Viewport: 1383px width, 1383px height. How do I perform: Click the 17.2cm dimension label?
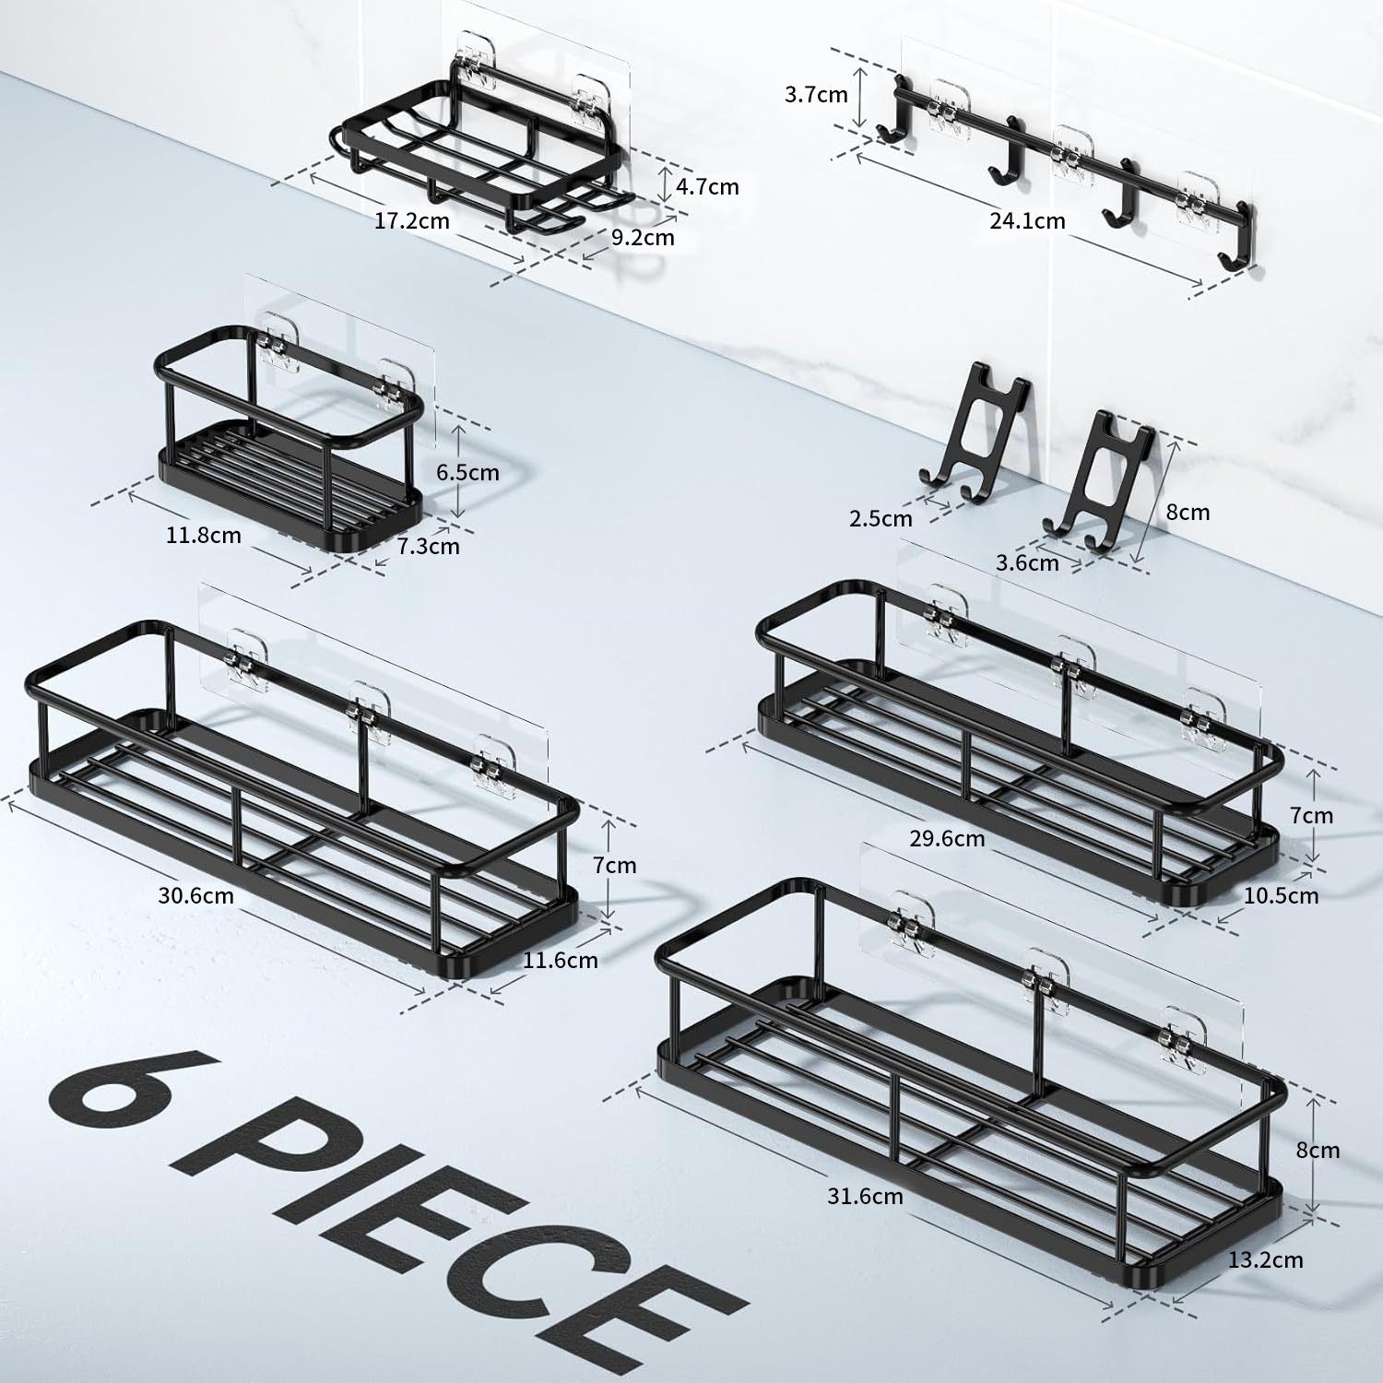point(412,221)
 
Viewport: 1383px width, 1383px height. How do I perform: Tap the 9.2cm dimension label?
point(643,238)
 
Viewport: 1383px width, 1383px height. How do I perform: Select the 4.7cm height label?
point(707,187)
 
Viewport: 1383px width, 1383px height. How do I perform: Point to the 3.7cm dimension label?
point(816,94)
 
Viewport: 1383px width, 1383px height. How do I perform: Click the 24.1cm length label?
point(1027,221)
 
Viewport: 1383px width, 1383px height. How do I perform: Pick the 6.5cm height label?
point(467,473)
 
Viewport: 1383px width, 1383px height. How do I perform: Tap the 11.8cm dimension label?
point(204,536)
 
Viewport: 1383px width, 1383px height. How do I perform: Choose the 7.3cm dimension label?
point(428,547)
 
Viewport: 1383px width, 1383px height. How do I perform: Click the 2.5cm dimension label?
point(881,519)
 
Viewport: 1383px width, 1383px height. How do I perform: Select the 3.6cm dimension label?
point(1027,562)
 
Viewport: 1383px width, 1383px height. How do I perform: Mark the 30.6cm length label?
point(195,895)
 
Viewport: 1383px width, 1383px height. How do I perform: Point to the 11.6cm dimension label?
point(561,961)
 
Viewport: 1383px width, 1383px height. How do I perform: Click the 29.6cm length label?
point(946,839)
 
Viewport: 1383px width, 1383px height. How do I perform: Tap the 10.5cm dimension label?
point(1281,895)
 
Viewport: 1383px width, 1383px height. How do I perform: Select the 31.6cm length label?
point(864,1197)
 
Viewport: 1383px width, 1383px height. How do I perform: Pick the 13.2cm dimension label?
point(1266,1259)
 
